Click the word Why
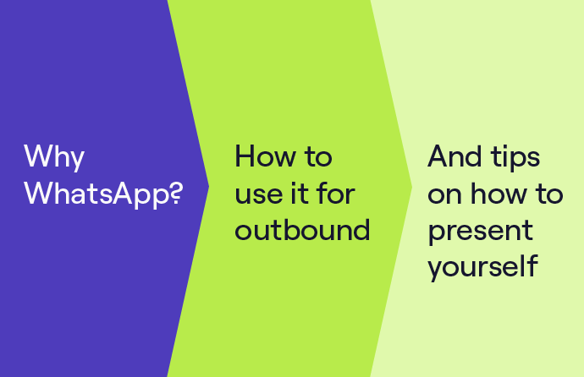pyautogui.click(x=54, y=157)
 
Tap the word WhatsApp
pyautogui.click(x=98, y=194)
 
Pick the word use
pyautogui.click(x=259, y=195)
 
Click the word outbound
pyautogui.click(x=302, y=229)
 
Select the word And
pyautogui.click(x=455, y=156)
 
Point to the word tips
pyautogui.click(x=515, y=158)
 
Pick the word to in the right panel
pyautogui.click(x=549, y=194)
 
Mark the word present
pyautogui.click(x=481, y=232)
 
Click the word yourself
pyautogui.click(x=483, y=266)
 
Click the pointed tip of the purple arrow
pyautogui.click(x=209, y=187)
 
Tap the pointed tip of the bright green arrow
pyautogui.click(x=412, y=187)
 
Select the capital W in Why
pyautogui.click(x=38, y=156)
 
